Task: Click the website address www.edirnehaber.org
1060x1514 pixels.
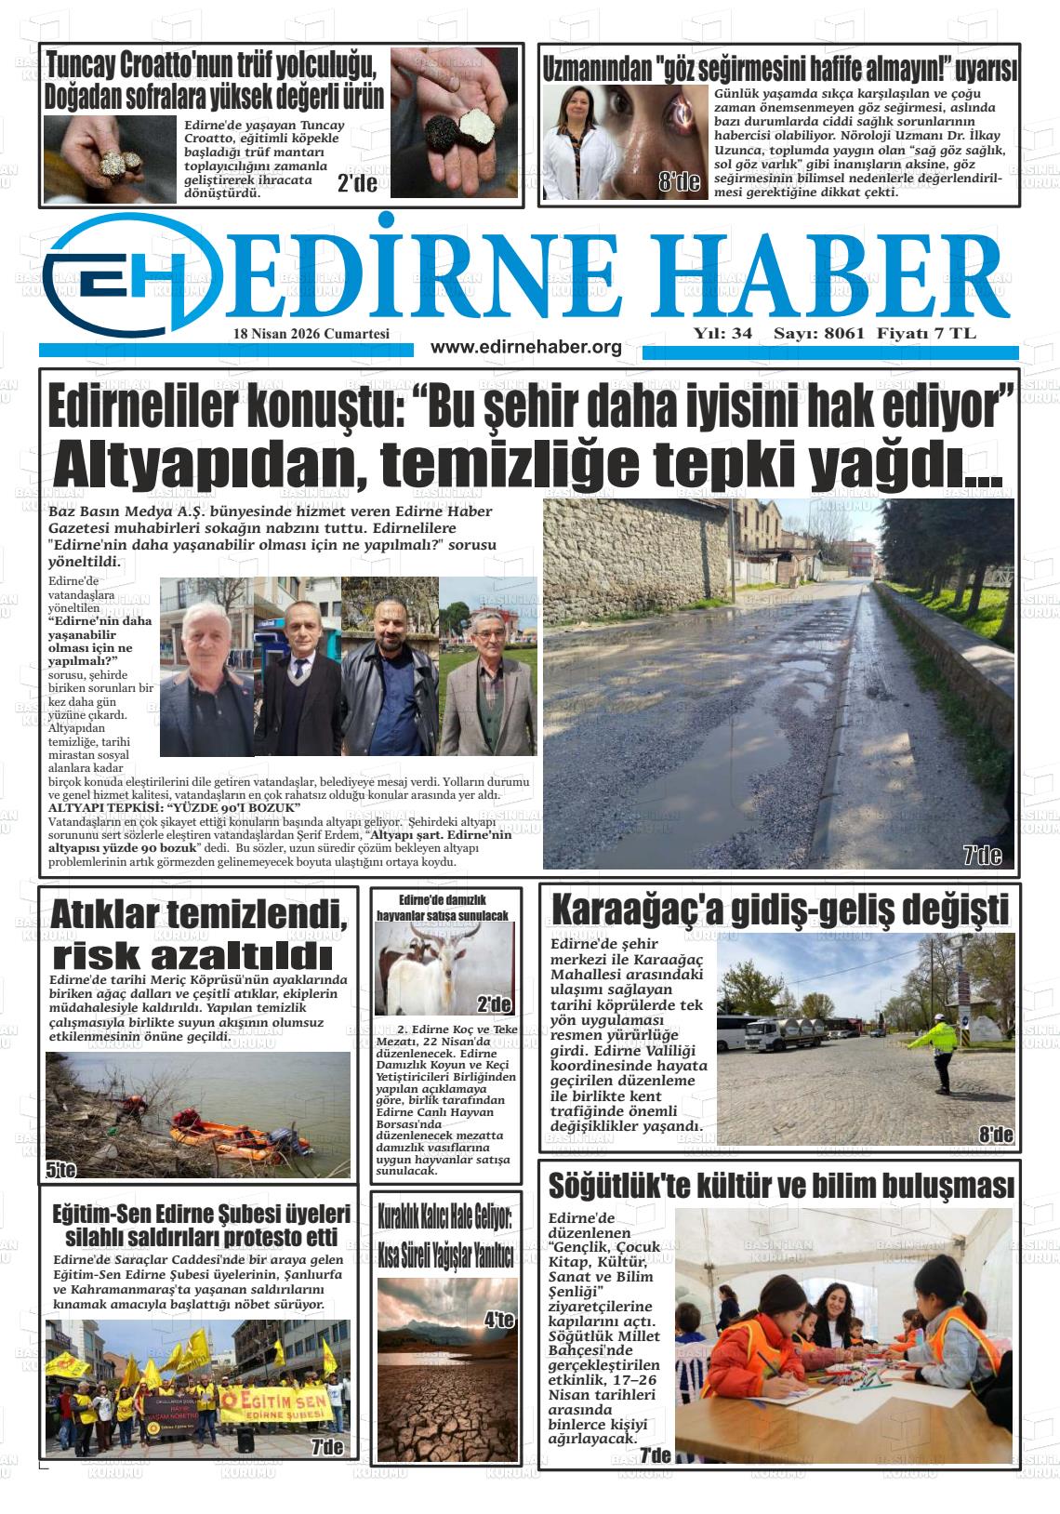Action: pyautogui.click(x=526, y=348)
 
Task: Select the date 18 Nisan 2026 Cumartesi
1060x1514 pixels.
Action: pyautogui.click(x=311, y=334)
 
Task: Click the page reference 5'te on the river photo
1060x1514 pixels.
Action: pyautogui.click(x=61, y=1170)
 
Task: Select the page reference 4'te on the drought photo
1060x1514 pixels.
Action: pyautogui.click(x=498, y=1319)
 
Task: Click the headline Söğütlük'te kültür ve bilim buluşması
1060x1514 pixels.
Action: pyautogui.click(x=779, y=1186)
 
